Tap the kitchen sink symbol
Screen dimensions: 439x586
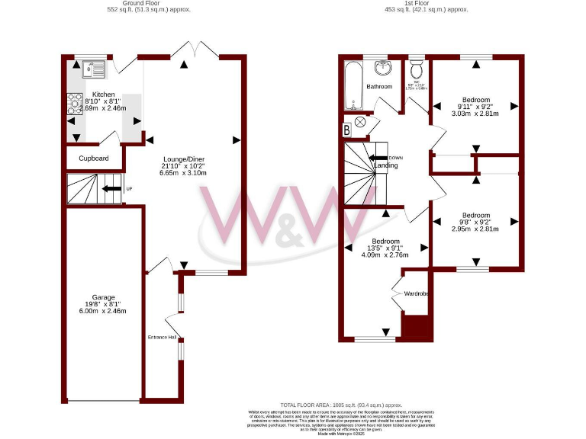(x=94, y=69)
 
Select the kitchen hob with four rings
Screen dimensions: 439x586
(x=76, y=104)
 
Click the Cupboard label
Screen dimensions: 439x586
(x=94, y=159)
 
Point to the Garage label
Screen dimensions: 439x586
(x=104, y=297)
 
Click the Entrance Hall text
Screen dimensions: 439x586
(x=162, y=337)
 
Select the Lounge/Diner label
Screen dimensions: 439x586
(x=183, y=158)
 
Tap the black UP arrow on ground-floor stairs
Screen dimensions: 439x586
(x=111, y=188)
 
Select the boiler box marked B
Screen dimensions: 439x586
(x=348, y=130)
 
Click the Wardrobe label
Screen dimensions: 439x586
(x=417, y=293)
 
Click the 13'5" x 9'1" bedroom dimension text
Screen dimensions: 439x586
(x=386, y=248)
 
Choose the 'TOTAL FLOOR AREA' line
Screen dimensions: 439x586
(x=330, y=406)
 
